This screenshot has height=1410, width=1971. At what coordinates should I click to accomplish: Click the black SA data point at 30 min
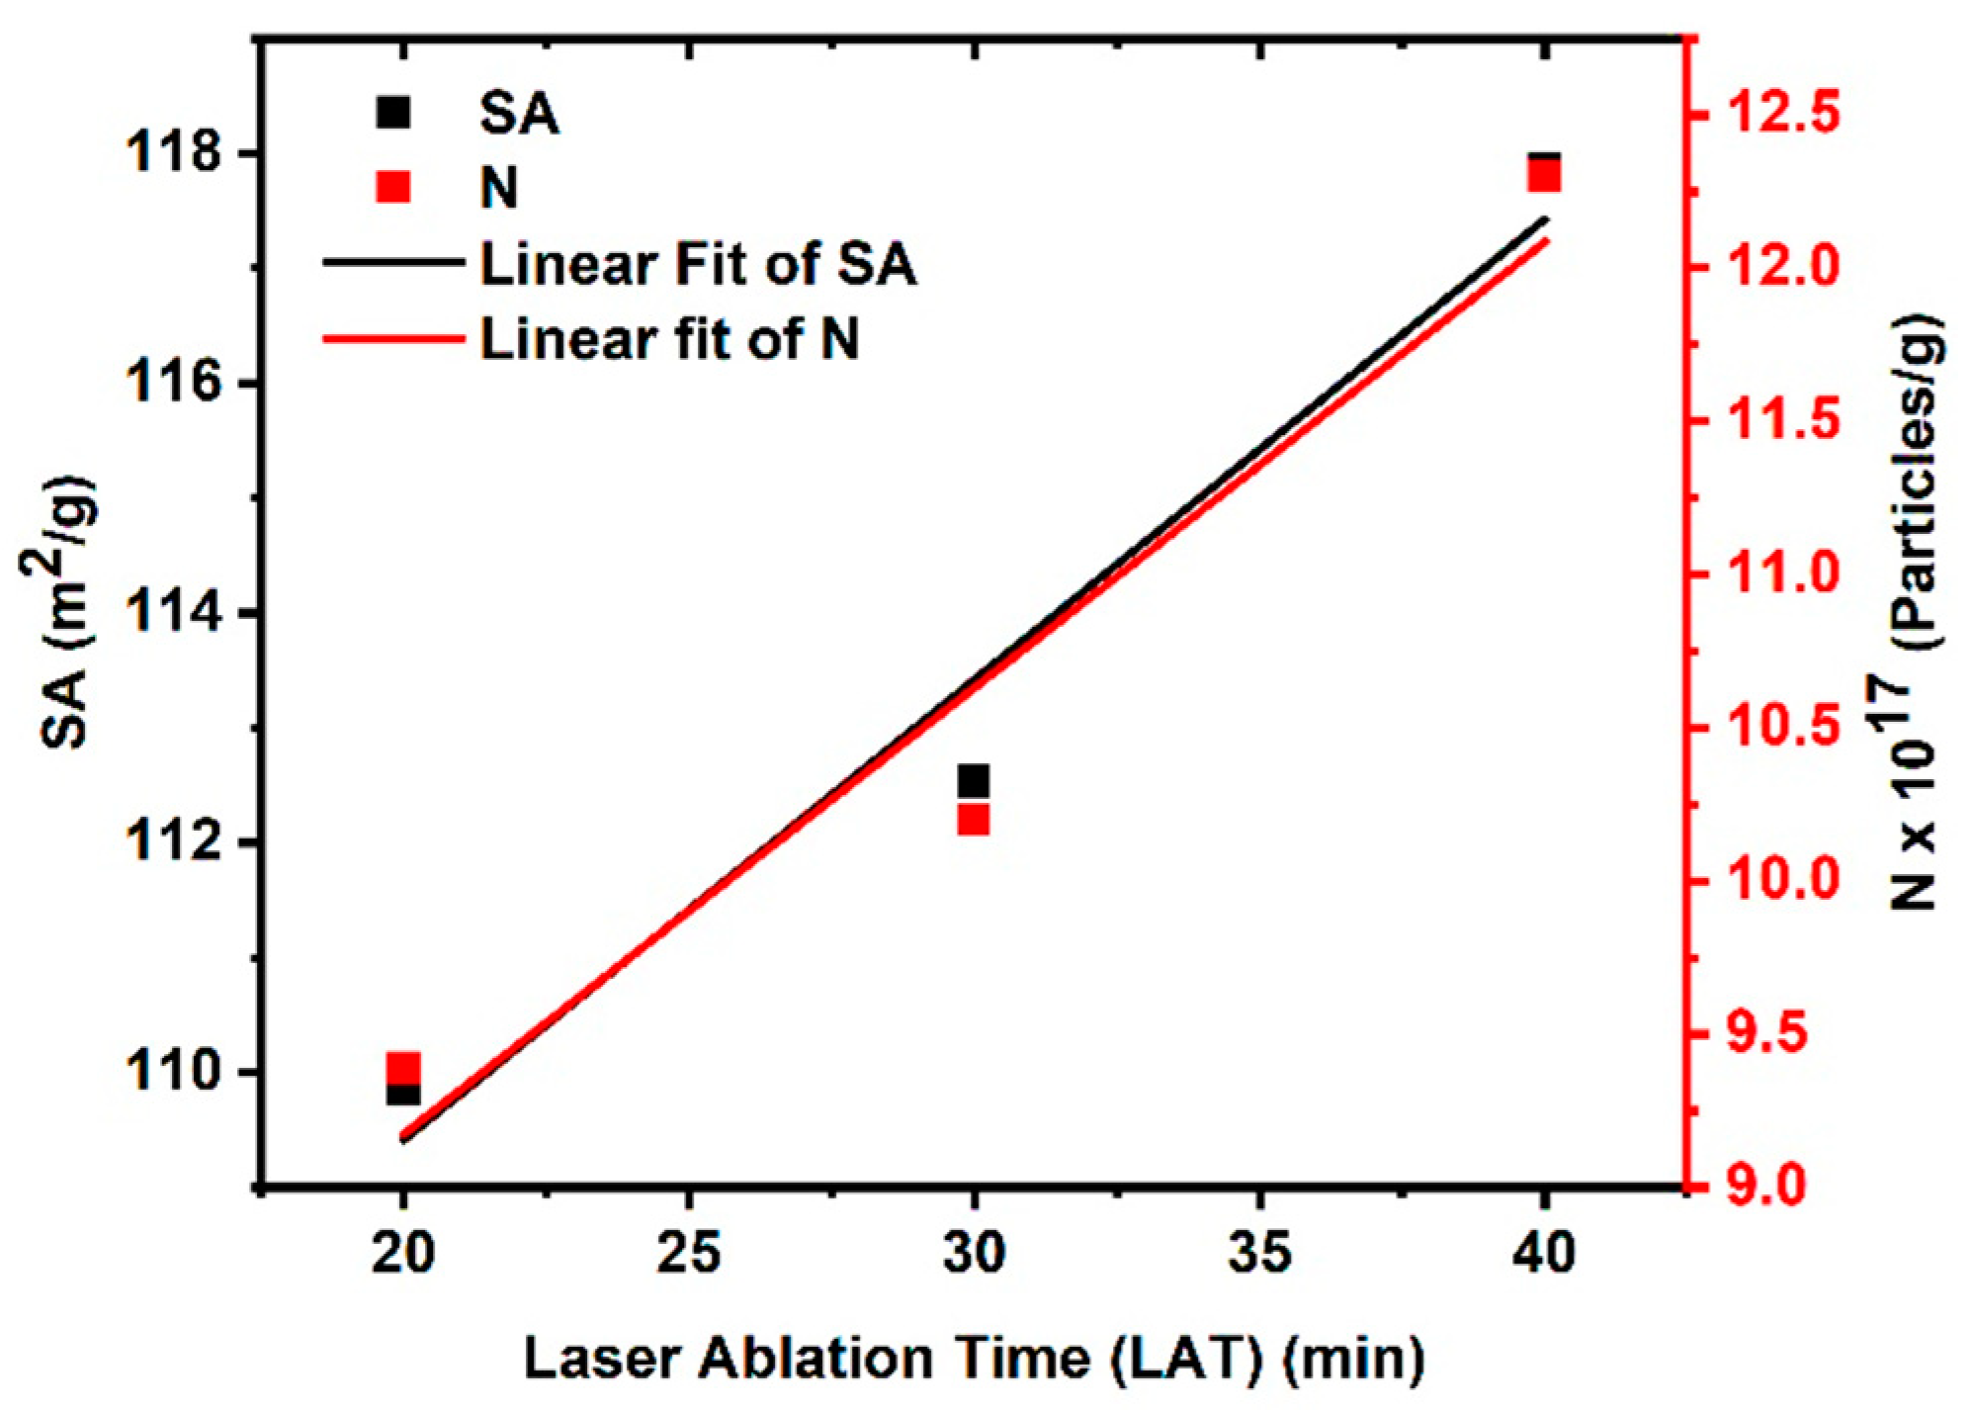tap(974, 780)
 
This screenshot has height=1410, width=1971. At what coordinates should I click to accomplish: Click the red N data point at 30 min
tap(974, 820)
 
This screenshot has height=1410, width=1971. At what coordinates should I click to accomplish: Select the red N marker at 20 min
tap(403, 1069)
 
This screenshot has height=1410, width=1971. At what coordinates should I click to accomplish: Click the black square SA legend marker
tap(393, 114)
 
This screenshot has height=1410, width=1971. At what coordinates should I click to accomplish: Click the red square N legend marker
tap(393, 186)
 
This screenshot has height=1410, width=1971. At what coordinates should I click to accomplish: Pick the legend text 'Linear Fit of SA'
tap(698, 264)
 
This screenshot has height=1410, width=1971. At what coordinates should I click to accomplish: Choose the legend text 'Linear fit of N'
tap(669, 338)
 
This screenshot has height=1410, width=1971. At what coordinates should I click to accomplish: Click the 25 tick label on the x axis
tap(689, 1255)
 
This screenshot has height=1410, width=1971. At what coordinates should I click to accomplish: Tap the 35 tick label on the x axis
tap(1260, 1255)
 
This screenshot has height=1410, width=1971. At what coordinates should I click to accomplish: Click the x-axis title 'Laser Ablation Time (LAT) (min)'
tap(974, 1360)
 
